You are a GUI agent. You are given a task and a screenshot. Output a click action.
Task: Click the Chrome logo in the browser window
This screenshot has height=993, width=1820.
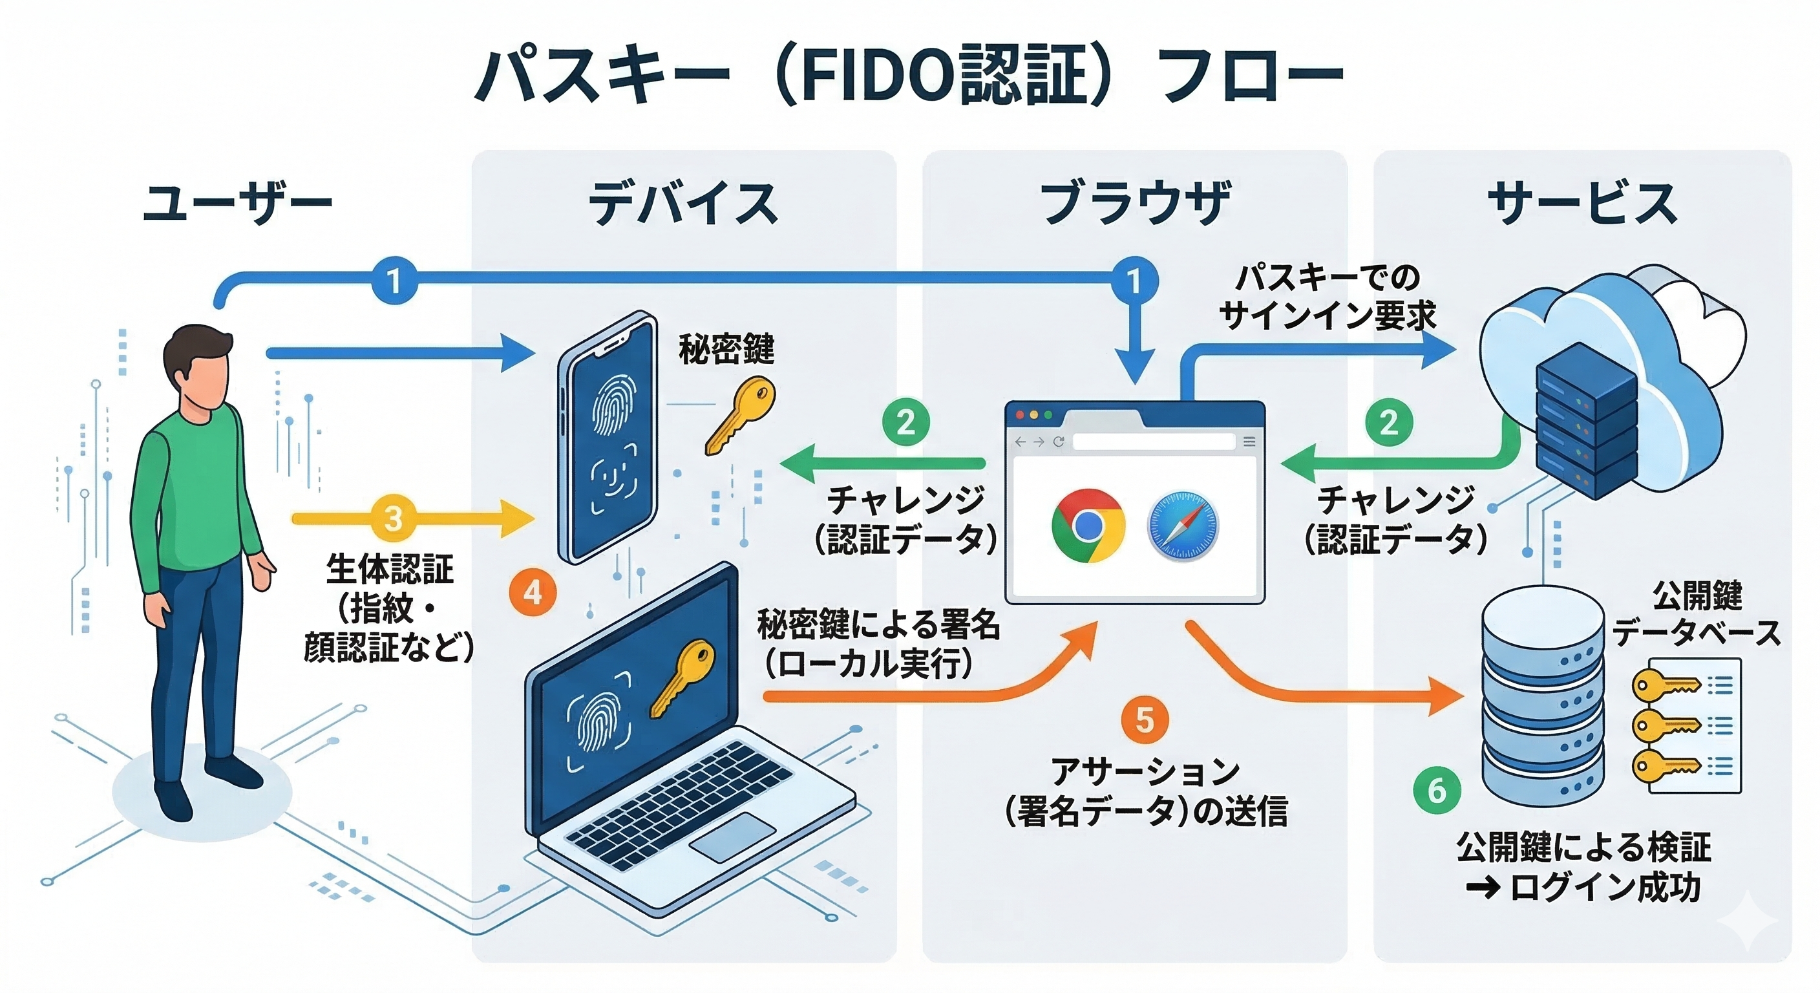click(x=1088, y=525)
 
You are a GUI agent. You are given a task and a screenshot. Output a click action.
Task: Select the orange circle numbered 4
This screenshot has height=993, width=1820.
click(x=533, y=592)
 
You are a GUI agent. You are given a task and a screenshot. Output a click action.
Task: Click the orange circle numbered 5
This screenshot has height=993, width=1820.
click(x=1145, y=720)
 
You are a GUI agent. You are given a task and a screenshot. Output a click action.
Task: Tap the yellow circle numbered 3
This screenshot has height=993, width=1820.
click(x=393, y=518)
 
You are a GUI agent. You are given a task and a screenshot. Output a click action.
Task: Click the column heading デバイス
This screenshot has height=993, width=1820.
click(x=683, y=203)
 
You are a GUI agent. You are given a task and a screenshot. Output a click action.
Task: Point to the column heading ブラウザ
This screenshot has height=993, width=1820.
click(x=1136, y=203)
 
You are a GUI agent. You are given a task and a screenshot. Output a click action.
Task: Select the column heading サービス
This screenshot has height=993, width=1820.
click(x=1583, y=203)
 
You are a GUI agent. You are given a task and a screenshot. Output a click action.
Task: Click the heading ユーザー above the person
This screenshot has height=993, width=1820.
click(x=237, y=203)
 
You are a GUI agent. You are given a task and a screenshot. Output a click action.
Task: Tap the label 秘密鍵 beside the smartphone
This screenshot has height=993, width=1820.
click(x=726, y=349)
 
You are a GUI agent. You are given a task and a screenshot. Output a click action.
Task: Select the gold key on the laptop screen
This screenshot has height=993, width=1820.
click(x=682, y=679)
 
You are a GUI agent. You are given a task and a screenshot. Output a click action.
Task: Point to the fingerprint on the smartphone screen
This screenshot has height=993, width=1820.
click(x=613, y=405)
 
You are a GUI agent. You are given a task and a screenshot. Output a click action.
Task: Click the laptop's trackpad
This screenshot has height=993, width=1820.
click(x=732, y=837)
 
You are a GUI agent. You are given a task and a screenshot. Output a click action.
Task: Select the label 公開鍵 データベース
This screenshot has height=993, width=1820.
click(x=1697, y=614)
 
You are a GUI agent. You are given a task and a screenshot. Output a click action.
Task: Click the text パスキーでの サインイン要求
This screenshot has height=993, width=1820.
click(x=1328, y=297)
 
